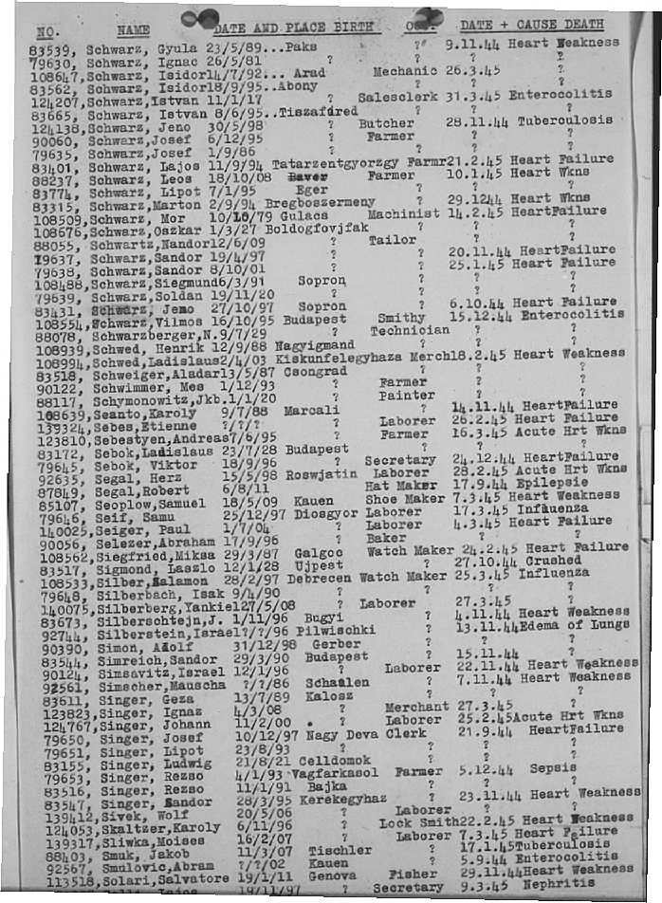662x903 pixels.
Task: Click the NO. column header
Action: pos(46,31)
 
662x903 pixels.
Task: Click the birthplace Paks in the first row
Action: pos(301,46)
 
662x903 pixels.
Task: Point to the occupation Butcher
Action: pos(386,123)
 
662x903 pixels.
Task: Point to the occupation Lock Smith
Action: pos(418,822)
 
